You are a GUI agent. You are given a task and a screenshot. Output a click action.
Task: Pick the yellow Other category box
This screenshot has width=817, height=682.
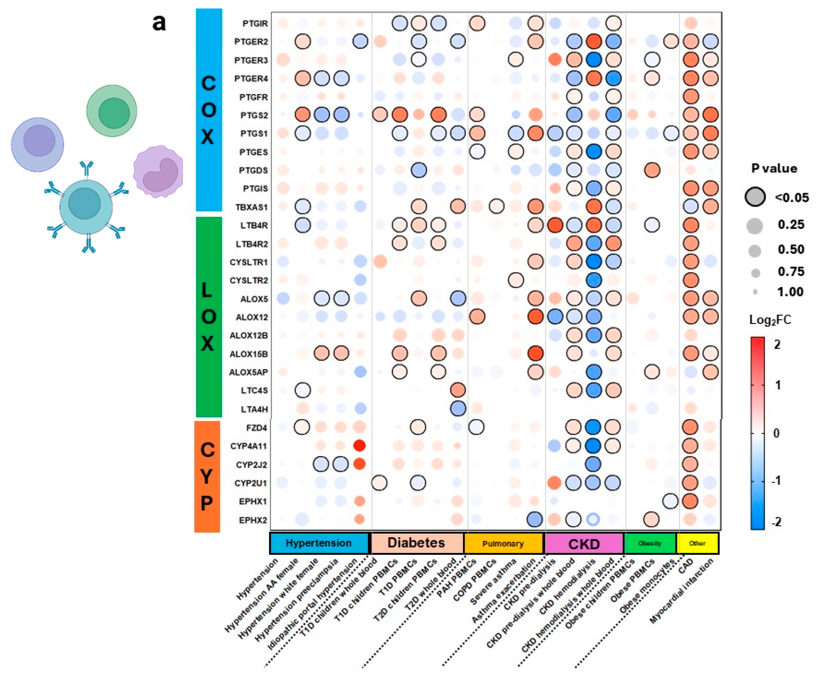click(697, 543)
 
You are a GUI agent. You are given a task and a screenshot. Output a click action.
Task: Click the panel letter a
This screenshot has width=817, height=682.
click(159, 22)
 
